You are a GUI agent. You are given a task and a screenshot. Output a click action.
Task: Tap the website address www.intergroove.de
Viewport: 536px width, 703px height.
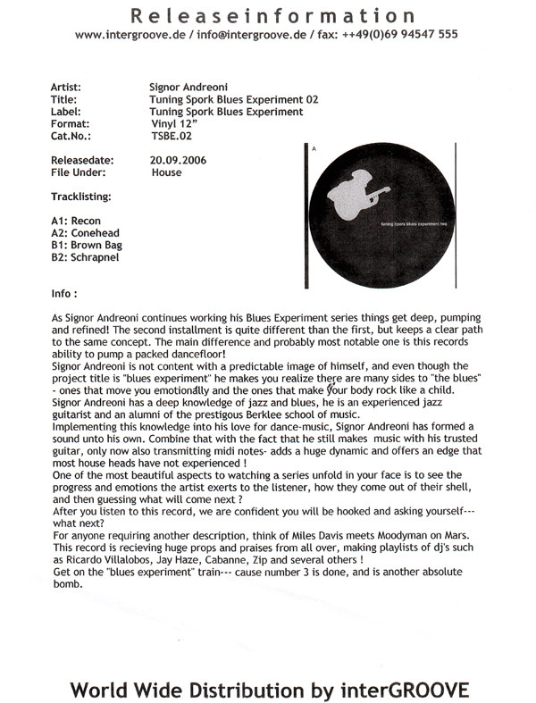coord(129,34)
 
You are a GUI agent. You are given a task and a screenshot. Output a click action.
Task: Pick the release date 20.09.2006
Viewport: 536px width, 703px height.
coord(180,161)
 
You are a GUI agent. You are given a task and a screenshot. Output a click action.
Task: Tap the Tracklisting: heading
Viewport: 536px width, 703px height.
coord(81,195)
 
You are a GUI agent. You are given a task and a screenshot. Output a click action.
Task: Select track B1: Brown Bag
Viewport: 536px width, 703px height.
coord(87,244)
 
